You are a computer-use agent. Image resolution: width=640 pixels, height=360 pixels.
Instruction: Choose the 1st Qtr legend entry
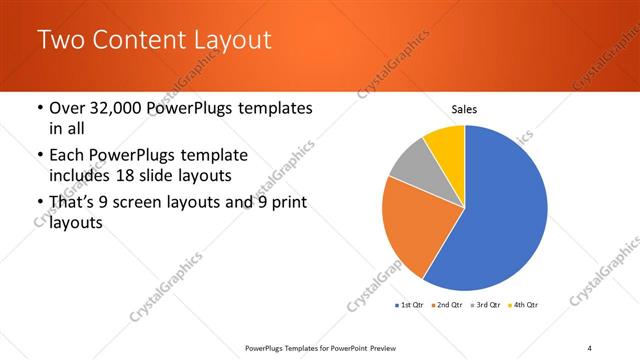(411, 304)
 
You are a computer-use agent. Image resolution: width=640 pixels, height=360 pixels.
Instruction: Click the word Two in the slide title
(61, 41)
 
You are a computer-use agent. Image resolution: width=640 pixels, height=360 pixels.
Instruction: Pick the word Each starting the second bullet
(66, 155)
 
